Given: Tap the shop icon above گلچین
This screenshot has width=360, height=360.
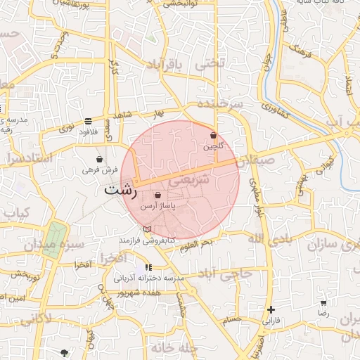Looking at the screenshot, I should (213, 135).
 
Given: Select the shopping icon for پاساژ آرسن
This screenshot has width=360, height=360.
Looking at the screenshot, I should (157, 195).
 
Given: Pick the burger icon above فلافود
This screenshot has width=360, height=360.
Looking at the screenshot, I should (88, 120).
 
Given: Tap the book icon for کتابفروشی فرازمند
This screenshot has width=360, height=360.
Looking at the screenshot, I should (147, 229).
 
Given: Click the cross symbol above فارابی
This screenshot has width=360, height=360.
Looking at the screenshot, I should (271, 309).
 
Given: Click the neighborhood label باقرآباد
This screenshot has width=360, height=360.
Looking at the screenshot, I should (165, 67).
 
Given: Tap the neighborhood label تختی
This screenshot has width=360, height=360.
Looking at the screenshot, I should (211, 63).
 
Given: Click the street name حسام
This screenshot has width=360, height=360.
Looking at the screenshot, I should (232, 320).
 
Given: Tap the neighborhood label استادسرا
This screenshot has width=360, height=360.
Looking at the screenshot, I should (28, 159).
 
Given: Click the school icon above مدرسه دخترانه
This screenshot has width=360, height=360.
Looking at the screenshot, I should (148, 267).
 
